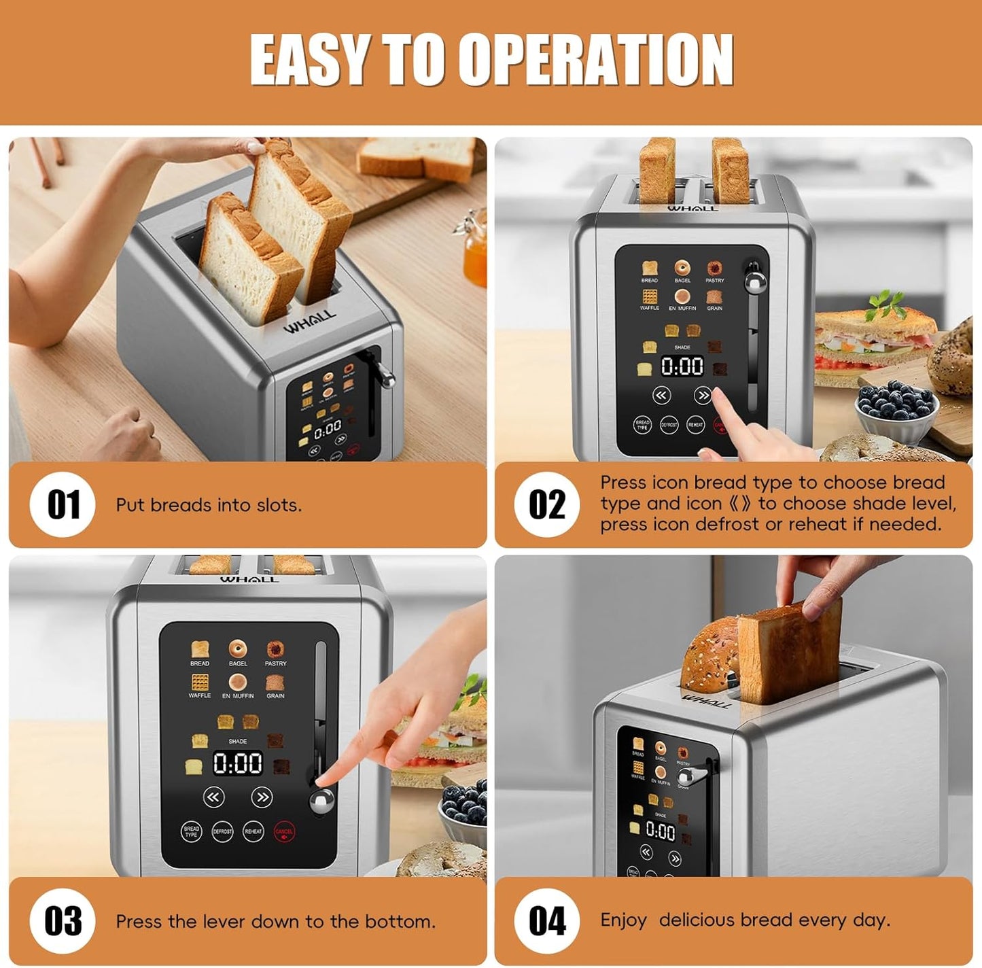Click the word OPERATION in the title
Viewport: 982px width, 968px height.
click(x=595, y=60)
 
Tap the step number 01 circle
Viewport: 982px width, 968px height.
click(x=63, y=505)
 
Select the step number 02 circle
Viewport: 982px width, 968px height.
click(x=547, y=505)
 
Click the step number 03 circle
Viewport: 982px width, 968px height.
click(x=63, y=921)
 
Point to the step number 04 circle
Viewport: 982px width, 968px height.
click(x=547, y=921)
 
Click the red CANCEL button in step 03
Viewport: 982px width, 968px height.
click(x=284, y=831)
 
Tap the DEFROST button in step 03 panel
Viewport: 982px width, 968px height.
click(x=222, y=831)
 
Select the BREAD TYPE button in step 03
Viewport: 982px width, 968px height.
click(x=192, y=831)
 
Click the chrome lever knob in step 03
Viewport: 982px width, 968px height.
click(x=321, y=801)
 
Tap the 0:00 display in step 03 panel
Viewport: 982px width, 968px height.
click(x=238, y=764)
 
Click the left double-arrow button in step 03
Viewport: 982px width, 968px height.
click(x=213, y=797)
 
